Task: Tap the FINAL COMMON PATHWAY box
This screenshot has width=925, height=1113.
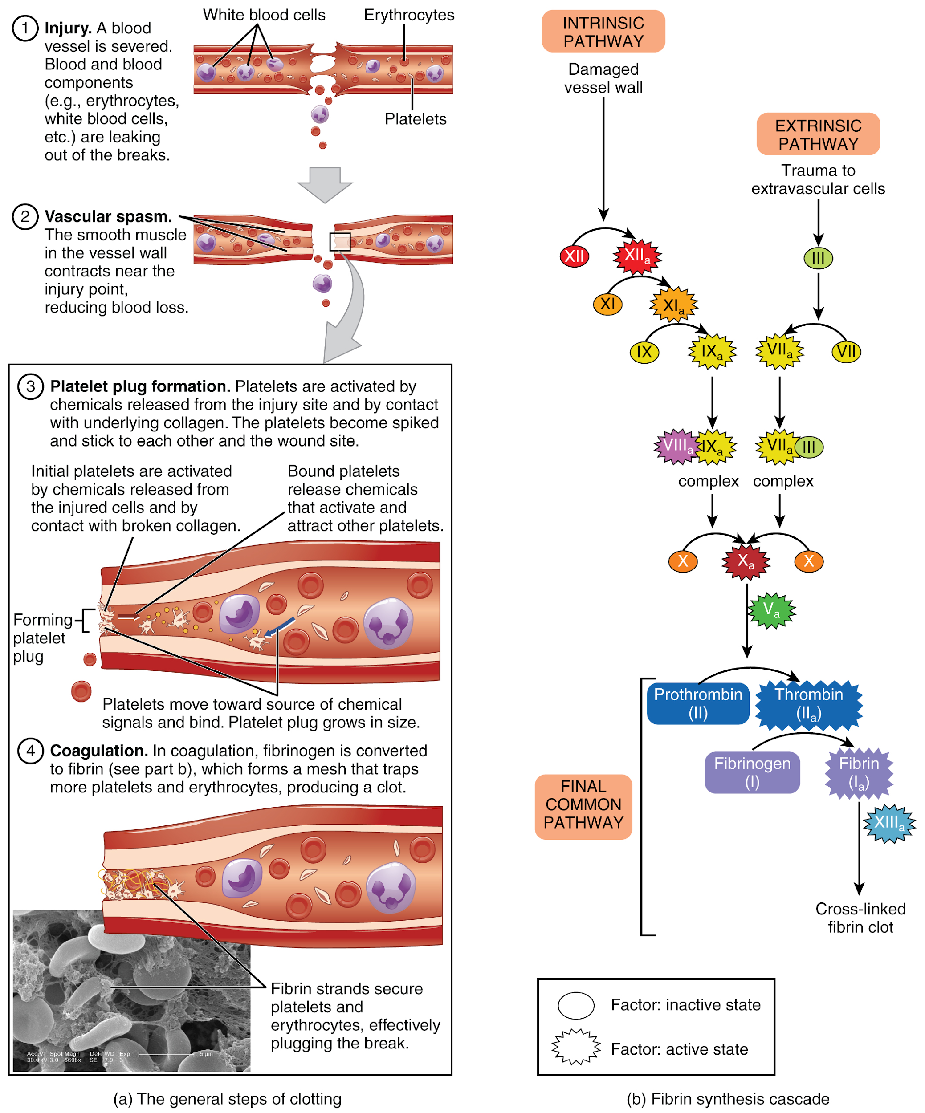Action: (583, 806)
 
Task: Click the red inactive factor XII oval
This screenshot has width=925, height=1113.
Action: (574, 256)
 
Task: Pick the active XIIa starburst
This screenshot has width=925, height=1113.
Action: (636, 256)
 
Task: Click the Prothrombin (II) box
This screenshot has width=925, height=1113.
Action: (697, 704)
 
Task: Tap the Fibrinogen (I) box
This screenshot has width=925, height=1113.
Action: (752, 772)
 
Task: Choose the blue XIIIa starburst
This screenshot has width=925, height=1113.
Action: (889, 823)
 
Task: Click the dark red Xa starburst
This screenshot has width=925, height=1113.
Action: (746, 561)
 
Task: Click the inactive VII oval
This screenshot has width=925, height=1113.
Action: (846, 351)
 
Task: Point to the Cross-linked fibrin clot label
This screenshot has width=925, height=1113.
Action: (860, 918)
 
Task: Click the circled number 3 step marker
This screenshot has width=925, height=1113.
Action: (31, 386)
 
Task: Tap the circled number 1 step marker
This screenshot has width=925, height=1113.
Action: (25, 28)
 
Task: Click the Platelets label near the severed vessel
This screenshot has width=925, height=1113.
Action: (415, 119)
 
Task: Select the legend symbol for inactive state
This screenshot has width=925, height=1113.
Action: (576, 1005)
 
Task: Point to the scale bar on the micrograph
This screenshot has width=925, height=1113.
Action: (166, 1055)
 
